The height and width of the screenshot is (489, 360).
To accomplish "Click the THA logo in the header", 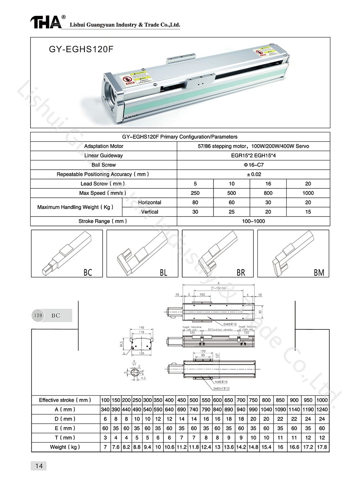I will pos(46,22).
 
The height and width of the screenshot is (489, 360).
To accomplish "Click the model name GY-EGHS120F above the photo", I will pos(81,49).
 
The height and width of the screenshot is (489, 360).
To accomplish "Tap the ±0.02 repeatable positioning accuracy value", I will pos(253,174).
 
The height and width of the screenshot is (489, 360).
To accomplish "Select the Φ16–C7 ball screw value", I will pos(253,165).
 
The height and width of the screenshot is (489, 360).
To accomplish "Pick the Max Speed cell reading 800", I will pos(268,193).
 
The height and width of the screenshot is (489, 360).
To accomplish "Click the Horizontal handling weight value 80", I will pos(195,203).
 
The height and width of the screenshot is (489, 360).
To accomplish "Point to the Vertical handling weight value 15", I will pos(308,212).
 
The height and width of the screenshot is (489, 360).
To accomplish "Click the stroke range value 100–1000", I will pos(253,221).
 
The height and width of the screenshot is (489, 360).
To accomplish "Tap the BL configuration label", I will pos(163,272).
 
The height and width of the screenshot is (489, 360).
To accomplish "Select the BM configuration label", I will pos(319,272).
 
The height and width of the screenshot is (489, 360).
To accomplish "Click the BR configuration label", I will pos(241,272).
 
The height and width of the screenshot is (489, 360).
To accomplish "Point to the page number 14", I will pos(39,466).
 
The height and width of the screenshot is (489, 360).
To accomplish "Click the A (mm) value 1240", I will pos(322,409).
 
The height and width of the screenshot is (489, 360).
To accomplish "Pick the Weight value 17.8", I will pos(322,447).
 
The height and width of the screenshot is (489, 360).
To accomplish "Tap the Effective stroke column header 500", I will pos(194,400).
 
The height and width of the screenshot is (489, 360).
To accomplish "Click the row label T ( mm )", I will pos(65,438).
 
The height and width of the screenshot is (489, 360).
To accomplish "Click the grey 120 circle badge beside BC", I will pos(38,315).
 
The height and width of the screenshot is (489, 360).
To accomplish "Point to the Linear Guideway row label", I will pos(103,156).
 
